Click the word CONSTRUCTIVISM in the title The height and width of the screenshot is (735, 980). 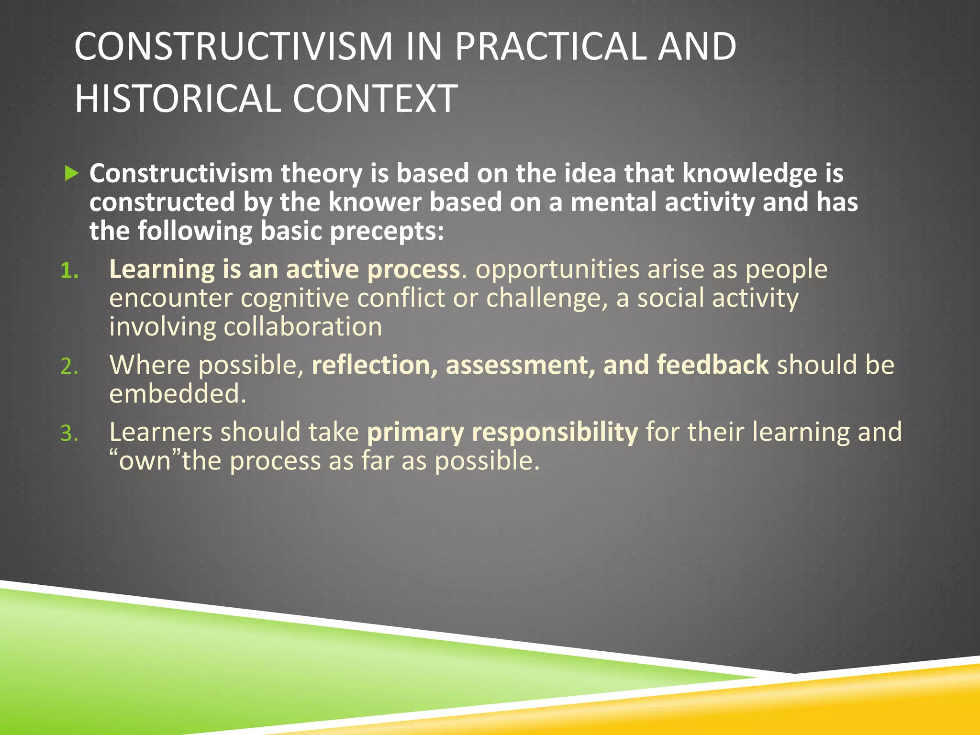point(233,46)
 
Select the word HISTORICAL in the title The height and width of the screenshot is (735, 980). point(178,99)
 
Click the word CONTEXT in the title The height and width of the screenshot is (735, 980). point(375,99)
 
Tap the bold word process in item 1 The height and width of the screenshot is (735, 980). point(413,269)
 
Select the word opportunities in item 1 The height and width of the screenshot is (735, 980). point(557,269)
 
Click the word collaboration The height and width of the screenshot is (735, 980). point(302,327)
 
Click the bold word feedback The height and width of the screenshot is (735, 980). point(713,365)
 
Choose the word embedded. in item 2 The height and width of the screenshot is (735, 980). point(178,394)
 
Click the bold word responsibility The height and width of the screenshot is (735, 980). point(555,432)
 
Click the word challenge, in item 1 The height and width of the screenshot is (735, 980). point(546,299)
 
